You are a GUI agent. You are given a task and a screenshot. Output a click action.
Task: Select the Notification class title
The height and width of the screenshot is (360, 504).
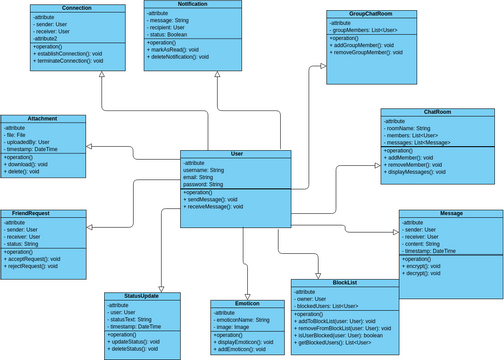click(x=192, y=5)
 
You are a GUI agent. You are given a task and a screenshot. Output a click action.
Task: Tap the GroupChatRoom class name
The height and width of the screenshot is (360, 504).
click(x=371, y=14)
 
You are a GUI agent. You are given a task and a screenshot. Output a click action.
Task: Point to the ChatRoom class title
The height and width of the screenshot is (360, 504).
click(x=437, y=113)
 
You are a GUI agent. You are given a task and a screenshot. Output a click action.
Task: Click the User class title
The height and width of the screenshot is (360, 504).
click(x=235, y=154)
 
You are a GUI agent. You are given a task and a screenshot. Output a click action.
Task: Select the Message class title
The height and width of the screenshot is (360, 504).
click(x=450, y=214)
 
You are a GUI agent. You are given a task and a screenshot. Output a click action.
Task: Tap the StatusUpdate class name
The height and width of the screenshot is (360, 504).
click(x=141, y=297)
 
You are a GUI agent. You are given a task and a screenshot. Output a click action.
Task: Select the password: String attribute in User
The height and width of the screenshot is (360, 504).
click(x=211, y=185)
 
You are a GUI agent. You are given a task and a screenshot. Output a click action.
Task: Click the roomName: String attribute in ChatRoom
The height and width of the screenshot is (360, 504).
click(x=417, y=128)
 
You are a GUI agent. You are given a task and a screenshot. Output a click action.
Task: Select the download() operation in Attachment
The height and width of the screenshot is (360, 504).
click(x=30, y=165)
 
